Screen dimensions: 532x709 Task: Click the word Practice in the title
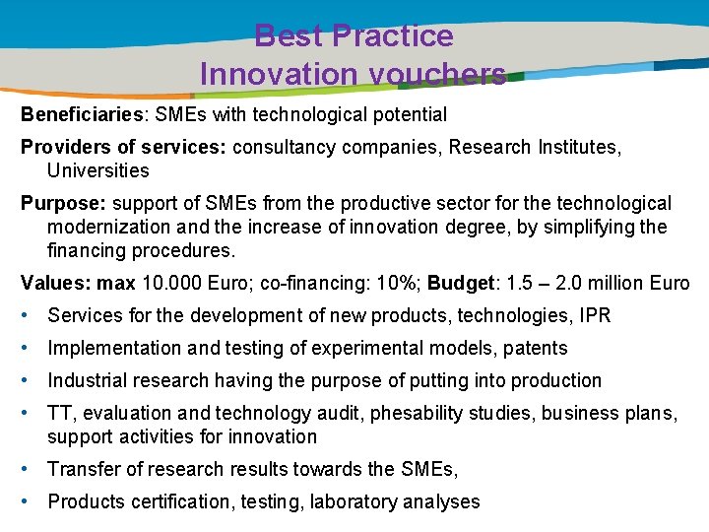click(392, 36)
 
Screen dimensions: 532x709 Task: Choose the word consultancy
click(278, 147)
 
